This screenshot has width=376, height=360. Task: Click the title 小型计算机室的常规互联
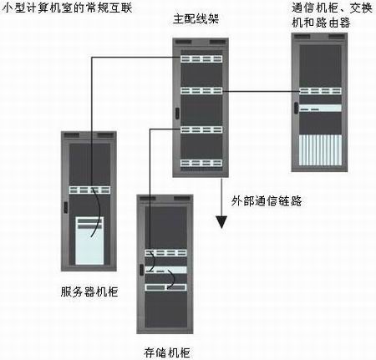pos(67,8)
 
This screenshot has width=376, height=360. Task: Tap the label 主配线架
pos(196,18)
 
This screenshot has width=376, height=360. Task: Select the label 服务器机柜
pos(89,292)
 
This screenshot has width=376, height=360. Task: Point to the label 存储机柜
pos(167,352)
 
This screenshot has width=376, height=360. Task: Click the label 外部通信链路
pos(267,200)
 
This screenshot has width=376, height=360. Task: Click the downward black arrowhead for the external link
pos(221,222)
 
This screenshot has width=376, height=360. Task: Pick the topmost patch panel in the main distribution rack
pos(201,58)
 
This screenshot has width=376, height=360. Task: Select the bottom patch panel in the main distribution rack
pos(201,163)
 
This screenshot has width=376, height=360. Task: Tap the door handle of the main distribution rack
pos(177,113)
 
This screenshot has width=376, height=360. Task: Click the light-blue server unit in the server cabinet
pos(89,241)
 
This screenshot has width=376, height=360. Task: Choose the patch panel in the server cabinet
pos(89,190)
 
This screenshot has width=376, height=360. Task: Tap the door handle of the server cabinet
pos(65,207)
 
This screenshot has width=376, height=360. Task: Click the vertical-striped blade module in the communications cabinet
pos(320,150)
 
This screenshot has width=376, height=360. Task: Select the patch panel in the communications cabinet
pos(320,91)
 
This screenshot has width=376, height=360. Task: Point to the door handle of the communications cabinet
pos(296,108)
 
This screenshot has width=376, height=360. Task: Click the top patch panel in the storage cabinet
pos(165,253)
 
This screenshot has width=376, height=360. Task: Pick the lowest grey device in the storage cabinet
pos(165,287)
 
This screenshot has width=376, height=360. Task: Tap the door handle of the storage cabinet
pos(141,270)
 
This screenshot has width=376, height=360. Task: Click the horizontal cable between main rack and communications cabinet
pos(261,91)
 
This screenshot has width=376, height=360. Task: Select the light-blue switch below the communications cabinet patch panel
pos(320,108)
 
